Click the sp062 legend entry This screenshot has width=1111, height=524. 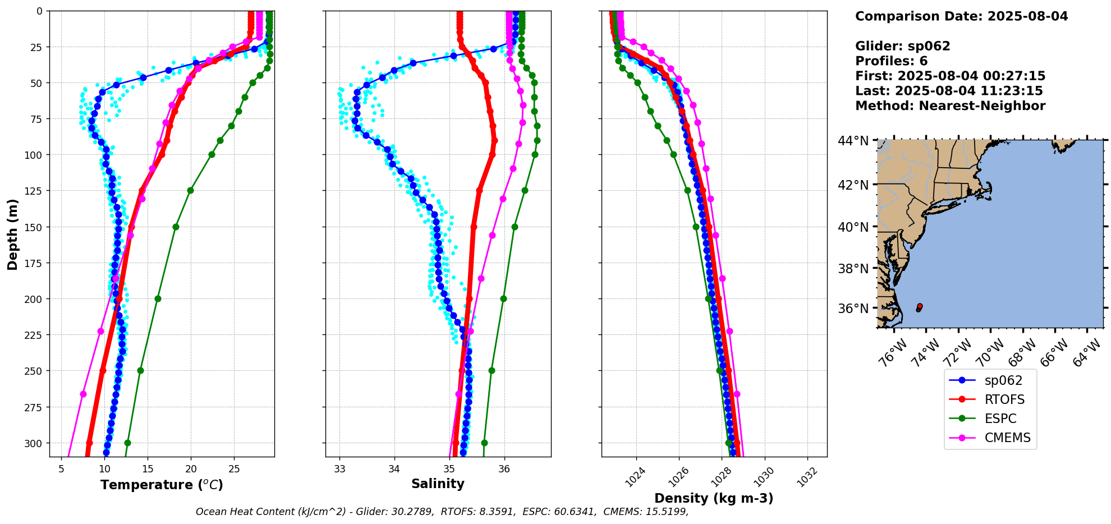(1003, 380)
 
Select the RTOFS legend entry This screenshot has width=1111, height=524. (1004, 399)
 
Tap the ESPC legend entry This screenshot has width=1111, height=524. (1000, 419)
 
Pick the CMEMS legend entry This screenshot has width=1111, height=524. (1007, 438)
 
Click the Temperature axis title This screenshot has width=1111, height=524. (162, 485)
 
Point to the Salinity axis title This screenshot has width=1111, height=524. (438, 484)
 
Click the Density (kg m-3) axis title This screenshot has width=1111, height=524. (714, 498)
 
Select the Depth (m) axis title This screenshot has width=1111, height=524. (12, 234)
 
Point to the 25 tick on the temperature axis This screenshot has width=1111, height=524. (234, 469)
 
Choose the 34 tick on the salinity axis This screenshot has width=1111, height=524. (394, 469)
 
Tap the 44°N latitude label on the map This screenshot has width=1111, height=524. (853, 140)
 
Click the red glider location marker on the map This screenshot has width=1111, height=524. (920, 306)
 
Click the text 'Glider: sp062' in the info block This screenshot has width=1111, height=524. (902, 46)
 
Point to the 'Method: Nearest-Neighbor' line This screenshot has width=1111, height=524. (950, 106)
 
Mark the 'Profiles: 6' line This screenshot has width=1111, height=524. (891, 61)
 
